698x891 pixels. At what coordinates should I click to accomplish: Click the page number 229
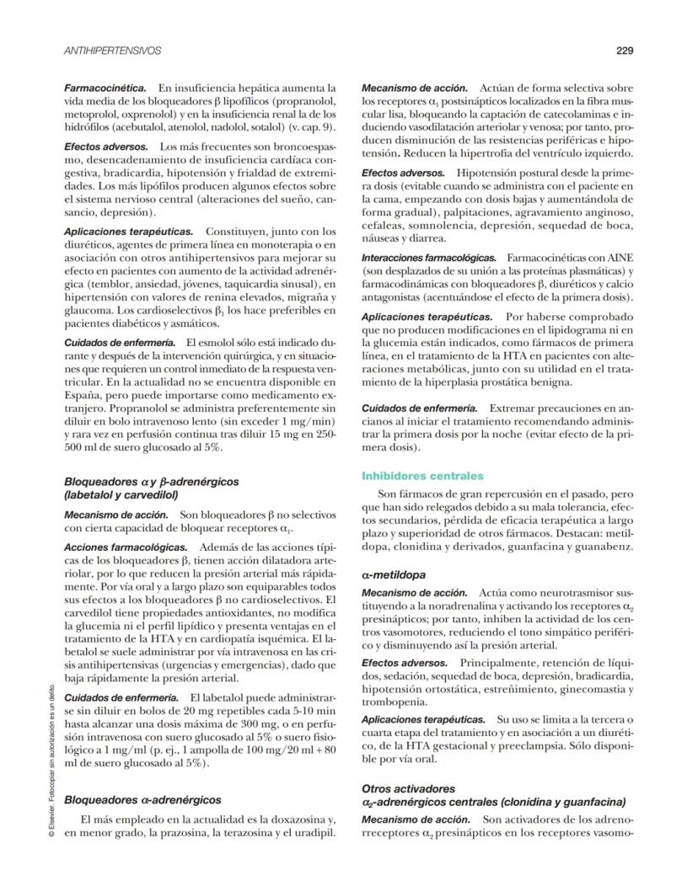click(625, 51)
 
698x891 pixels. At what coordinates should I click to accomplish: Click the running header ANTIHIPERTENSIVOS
click(113, 51)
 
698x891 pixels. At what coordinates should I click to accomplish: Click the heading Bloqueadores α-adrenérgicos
click(142, 800)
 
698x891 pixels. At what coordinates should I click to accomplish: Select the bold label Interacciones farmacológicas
click(429, 256)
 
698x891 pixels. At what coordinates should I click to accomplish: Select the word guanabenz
click(602, 547)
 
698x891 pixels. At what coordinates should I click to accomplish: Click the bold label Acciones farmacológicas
click(118, 547)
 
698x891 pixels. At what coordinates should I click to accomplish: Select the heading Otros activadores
click(407, 789)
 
